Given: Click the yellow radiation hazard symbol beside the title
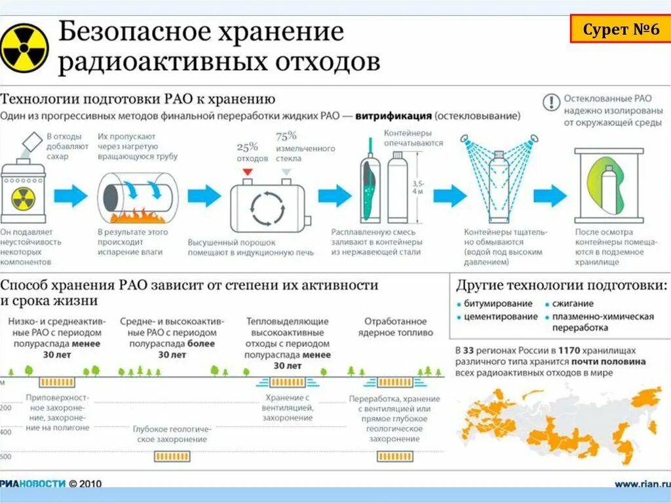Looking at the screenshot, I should tap(24, 48).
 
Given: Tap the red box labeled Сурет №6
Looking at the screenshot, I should tap(621, 30).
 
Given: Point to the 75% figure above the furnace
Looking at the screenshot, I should tap(286, 136).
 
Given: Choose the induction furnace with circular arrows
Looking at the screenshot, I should tap(267, 204).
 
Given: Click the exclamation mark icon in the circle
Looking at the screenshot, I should tap(551, 103).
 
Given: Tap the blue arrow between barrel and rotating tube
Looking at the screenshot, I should tap(70, 195).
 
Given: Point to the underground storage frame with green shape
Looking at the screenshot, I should tap(609, 186).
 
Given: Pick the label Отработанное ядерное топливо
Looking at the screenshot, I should tap(395, 327).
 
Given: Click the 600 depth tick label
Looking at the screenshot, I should tap(6, 456).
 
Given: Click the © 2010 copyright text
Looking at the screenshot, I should tap(85, 484).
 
